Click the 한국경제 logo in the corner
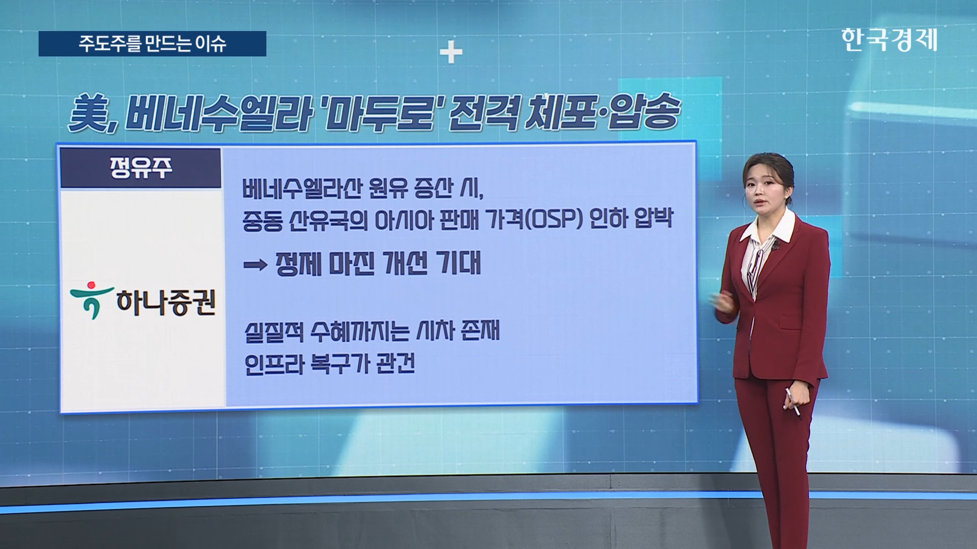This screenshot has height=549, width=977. point(889,40)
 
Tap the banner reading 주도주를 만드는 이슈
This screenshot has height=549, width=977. point(152,44)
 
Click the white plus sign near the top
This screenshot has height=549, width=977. point(451,53)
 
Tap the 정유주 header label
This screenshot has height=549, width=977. point(141,168)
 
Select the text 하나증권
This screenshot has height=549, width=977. point(166,302)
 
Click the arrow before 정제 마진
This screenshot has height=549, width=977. point(255,265)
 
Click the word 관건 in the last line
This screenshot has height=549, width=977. point(395,363)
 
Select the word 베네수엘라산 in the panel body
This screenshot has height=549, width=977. point(302,189)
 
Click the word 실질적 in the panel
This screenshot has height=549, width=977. point(274,332)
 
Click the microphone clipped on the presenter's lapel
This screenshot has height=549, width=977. point(775,247)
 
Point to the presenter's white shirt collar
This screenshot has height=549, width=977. point(767,229)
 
